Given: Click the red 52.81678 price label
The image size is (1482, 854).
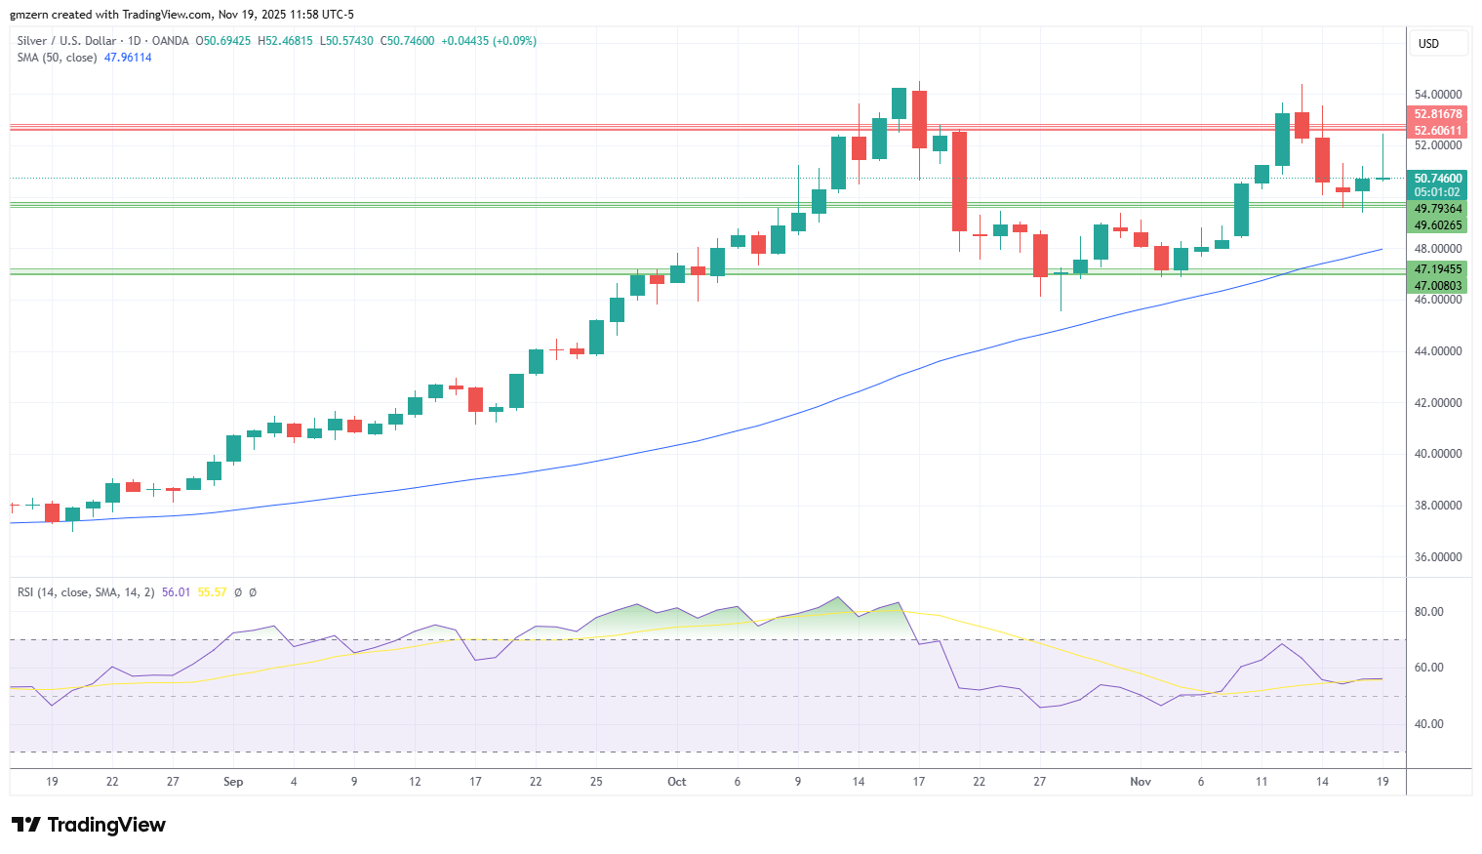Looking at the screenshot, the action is click(x=1437, y=114).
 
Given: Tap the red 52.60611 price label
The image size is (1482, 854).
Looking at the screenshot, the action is click(x=1437, y=131).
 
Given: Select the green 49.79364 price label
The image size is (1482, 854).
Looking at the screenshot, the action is click(x=1437, y=209).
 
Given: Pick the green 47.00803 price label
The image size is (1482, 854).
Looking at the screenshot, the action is click(x=1437, y=285).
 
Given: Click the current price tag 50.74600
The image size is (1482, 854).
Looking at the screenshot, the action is click(x=1437, y=178).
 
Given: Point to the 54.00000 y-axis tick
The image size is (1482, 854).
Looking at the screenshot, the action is click(x=1438, y=95).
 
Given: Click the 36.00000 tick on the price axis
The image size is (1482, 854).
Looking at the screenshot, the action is click(x=1438, y=556).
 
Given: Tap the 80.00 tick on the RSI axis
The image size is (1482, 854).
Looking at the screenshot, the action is click(x=1428, y=612).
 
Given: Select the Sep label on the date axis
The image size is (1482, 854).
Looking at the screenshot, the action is click(x=233, y=782).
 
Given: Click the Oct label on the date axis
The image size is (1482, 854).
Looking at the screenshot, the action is click(x=677, y=782).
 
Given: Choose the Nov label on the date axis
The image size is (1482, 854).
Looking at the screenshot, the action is click(x=1141, y=782).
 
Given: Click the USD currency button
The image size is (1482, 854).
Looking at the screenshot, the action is click(x=1428, y=44).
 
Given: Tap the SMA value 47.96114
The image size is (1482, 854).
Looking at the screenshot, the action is click(x=128, y=58).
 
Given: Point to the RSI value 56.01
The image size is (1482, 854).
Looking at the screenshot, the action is click(x=176, y=592).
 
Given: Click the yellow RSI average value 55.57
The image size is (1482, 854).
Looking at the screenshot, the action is click(x=212, y=592).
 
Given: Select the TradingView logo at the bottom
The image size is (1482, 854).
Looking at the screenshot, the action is click(x=89, y=825).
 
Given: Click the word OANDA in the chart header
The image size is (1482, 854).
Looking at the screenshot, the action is click(x=170, y=41).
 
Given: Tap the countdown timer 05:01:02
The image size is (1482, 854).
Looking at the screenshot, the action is click(x=1437, y=192).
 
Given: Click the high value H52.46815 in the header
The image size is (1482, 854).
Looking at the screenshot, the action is click(x=285, y=41).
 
